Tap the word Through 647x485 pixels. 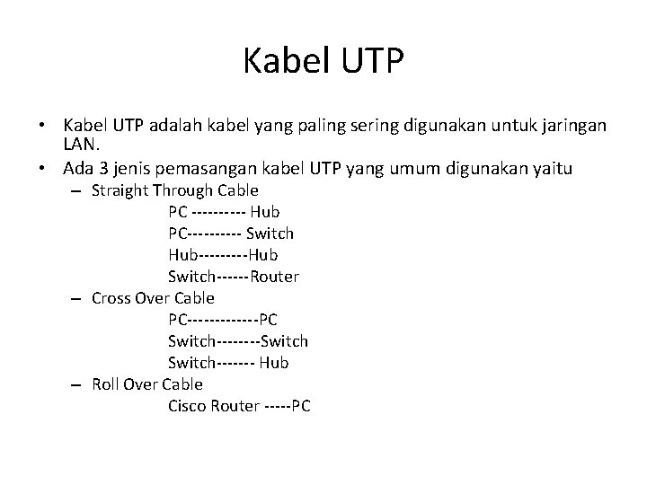(x=184, y=190)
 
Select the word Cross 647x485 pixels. (x=111, y=298)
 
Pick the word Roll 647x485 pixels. (x=107, y=384)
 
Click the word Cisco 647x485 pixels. (x=186, y=406)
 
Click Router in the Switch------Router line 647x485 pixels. (x=275, y=277)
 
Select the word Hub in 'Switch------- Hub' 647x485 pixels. (x=274, y=363)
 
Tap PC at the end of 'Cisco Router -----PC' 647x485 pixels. (x=301, y=406)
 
